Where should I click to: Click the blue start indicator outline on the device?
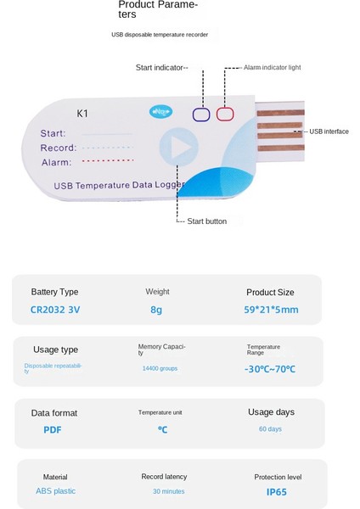click(202, 115)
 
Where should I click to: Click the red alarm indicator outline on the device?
click(225, 115)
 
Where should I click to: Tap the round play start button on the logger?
click(179, 148)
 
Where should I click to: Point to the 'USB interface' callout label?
click(329, 131)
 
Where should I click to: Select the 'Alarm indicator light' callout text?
click(272, 67)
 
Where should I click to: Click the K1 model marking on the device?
click(82, 113)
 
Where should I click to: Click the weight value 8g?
click(156, 310)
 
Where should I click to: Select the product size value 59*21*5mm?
click(271, 310)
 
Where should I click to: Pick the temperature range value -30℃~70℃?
click(271, 369)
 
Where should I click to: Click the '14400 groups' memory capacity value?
click(161, 369)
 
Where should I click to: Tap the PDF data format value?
click(53, 429)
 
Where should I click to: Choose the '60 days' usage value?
click(270, 429)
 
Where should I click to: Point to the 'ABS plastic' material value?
click(55, 491)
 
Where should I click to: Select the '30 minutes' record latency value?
click(168, 491)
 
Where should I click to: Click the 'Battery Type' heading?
click(54, 292)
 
